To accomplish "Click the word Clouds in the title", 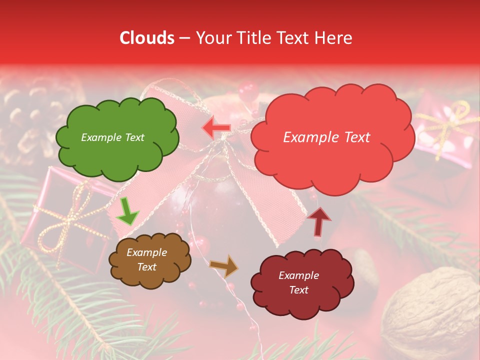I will tap(146, 38).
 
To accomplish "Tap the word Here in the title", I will tap(333, 38).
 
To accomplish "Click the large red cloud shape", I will tap(332, 137).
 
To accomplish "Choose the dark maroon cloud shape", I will tap(301, 283).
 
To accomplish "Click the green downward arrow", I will tap(127, 212).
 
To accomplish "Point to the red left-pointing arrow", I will tap(216, 128).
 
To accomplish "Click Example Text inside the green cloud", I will tap(113, 137).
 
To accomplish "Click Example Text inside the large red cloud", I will tap(326, 137).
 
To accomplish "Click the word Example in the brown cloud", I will tap(146, 252).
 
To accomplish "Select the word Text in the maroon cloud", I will tap(298, 290).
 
